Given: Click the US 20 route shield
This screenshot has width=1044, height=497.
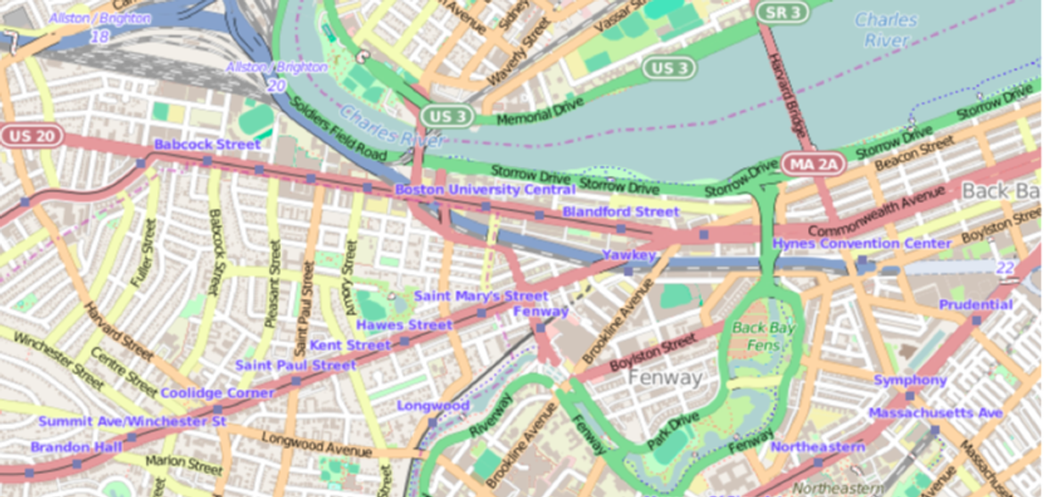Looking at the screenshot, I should [31, 136].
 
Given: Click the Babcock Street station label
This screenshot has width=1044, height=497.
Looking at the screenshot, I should [207, 145].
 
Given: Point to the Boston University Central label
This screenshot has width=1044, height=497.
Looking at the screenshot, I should [485, 190].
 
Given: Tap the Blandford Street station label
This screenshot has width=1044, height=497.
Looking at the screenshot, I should [620, 211].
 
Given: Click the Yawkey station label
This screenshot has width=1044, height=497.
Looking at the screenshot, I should [629, 255].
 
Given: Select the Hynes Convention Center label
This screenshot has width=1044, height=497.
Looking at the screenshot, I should [862, 244].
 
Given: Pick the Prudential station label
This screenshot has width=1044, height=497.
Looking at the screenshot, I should [975, 304].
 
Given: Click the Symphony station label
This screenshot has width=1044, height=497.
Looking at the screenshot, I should [910, 381].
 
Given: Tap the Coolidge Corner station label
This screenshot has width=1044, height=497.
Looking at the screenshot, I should [217, 394].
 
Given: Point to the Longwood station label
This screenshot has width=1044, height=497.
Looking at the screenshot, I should [433, 406].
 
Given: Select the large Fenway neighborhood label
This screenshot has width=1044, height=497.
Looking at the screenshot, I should [665, 377].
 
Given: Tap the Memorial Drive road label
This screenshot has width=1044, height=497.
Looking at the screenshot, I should [531, 111].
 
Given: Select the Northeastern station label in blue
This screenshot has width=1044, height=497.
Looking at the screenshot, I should [817, 447].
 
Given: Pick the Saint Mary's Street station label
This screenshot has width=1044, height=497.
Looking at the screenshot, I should [480, 296].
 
